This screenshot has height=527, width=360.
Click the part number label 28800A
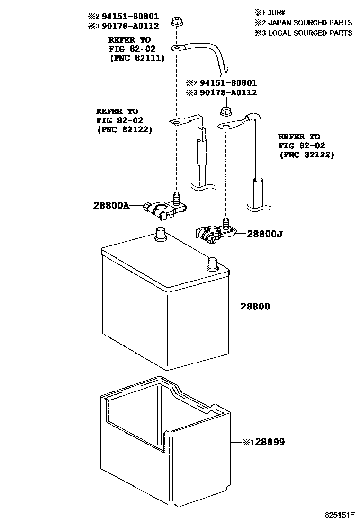[111, 206]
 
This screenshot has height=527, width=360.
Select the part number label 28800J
[264, 234]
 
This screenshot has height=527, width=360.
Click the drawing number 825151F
[339, 514]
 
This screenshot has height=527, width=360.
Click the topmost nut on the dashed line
[177, 21]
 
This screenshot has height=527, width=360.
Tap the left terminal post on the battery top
[160, 234]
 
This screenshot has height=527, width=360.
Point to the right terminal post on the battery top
[212, 263]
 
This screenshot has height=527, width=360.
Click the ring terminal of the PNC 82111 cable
[176, 48]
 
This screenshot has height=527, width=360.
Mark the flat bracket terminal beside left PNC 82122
[178, 123]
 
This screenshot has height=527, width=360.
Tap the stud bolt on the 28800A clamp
[177, 198]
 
